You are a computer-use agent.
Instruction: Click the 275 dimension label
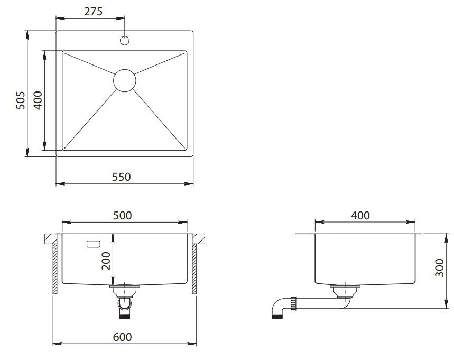click(x=93, y=12)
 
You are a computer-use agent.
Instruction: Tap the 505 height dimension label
click(x=21, y=100)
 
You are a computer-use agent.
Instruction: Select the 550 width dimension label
click(x=122, y=177)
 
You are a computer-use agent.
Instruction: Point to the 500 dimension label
click(x=122, y=216)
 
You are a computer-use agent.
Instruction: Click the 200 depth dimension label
click(x=106, y=261)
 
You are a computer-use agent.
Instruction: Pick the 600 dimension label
click(x=122, y=337)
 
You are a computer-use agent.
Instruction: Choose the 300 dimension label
click(x=440, y=267)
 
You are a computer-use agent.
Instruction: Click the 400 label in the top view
click(x=38, y=100)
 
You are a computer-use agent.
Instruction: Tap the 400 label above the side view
click(x=360, y=216)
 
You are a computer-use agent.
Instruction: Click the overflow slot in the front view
click(x=94, y=244)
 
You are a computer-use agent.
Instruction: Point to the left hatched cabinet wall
click(x=55, y=269)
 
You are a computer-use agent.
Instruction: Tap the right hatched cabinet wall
click(x=194, y=269)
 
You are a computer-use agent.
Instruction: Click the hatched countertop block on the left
click(x=53, y=238)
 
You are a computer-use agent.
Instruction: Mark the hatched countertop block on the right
click(x=199, y=238)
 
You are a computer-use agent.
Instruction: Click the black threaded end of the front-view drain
click(x=125, y=316)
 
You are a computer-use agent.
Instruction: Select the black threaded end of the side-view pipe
click(x=277, y=316)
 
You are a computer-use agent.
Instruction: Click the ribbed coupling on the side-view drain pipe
click(x=293, y=303)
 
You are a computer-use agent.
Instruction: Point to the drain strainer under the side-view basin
click(x=345, y=291)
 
